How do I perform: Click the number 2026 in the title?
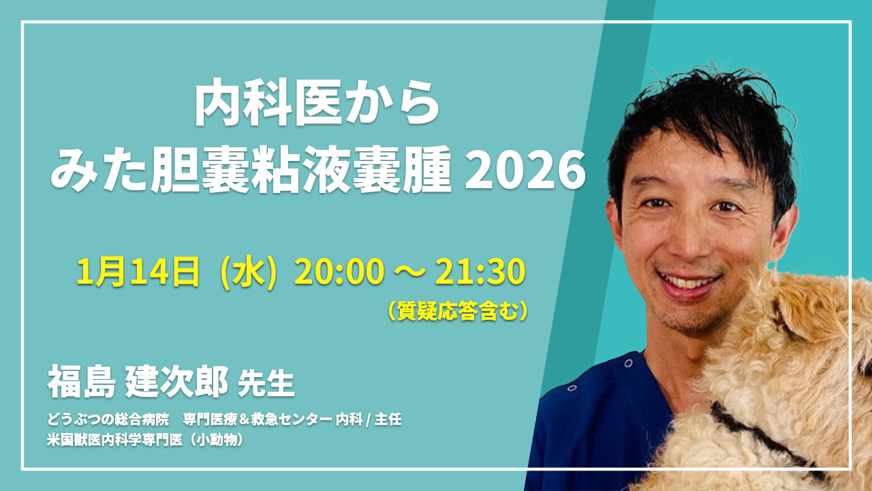point(525,170)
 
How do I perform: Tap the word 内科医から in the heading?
point(317,102)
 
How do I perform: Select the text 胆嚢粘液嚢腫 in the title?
point(301,170)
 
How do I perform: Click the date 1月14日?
point(138,272)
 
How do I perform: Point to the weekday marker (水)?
point(249,273)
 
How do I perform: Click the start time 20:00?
point(339,272)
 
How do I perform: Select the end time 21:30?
point(480,272)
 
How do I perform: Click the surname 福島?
point(81,381)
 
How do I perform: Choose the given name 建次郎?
point(176,381)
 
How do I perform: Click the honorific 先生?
point(266,383)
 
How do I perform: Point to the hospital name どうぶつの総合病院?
point(108,419)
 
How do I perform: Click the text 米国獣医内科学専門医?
point(114,440)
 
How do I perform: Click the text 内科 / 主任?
point(369,419)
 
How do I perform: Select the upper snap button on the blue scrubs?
point(628,363)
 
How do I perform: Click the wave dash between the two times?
point(409,273)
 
